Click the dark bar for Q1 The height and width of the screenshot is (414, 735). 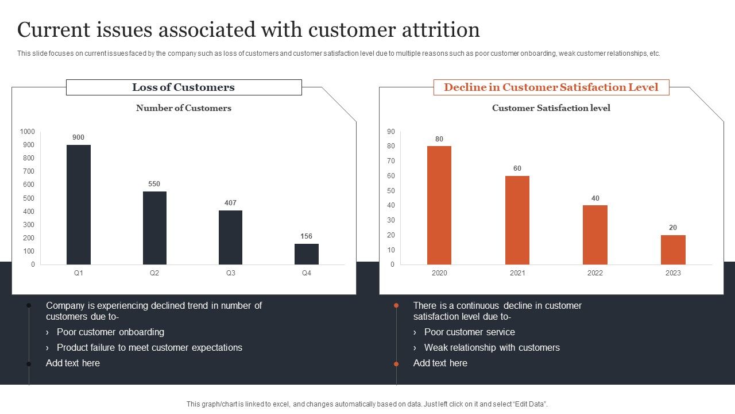point(79,204)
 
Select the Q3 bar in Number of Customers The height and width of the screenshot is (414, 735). point(230,237)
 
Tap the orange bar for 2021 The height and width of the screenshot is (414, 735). point(517,220)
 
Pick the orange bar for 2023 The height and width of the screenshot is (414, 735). point(673,250)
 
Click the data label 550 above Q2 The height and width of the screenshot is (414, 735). point(154,184)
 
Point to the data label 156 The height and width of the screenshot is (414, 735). point(307,236)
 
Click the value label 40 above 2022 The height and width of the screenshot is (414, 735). point(595,198)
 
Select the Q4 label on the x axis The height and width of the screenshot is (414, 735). point(307,273)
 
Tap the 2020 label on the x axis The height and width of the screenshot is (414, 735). point(439,273)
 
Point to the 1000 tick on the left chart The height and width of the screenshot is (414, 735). point(28,132)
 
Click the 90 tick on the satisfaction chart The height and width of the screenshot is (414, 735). point(391,132)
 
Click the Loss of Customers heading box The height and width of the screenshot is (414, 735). point(184,87)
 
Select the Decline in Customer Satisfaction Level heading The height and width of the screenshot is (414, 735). point(551,87)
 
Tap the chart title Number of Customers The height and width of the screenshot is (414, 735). point(184,108)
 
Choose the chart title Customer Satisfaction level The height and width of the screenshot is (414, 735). point(551,108)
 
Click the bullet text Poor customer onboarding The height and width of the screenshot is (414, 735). point(110,332)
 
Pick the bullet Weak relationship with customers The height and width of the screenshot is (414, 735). point(492,347)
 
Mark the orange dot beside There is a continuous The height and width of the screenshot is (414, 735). point(396,306)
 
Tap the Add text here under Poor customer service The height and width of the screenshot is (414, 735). point(440,363)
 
